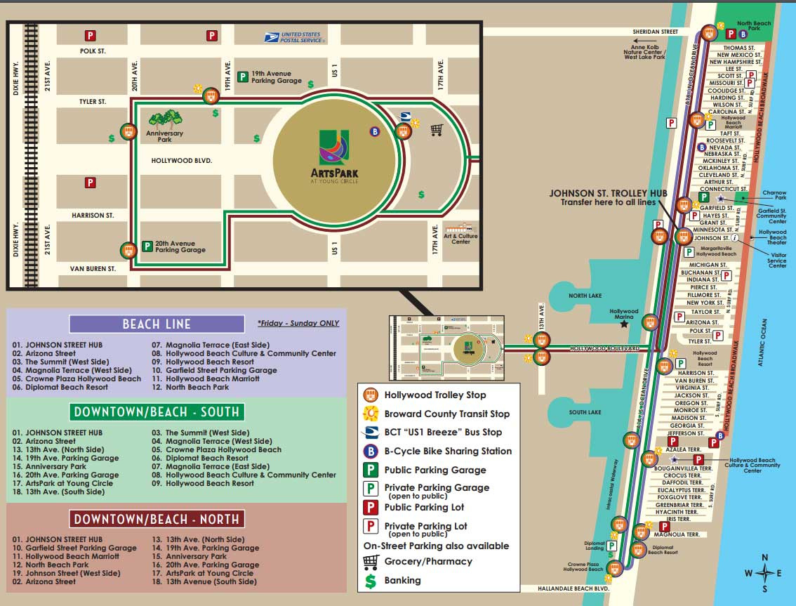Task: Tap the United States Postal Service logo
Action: [294, 37]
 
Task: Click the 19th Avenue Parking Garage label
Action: [277, 77]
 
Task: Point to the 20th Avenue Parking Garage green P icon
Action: [147, 246]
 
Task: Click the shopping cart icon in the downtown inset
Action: [437, 130]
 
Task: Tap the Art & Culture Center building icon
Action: [460, 230]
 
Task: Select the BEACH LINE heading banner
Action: [157, 324]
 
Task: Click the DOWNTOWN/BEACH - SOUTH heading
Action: [157, 411]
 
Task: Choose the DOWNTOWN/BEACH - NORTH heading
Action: [157, 519]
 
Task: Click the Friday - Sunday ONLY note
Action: [298, 323]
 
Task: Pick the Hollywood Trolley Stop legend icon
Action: [371, 395]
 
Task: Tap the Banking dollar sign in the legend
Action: [371, 581]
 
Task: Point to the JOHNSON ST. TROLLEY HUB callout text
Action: [607, 197]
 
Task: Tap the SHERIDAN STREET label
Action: [655, 32]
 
